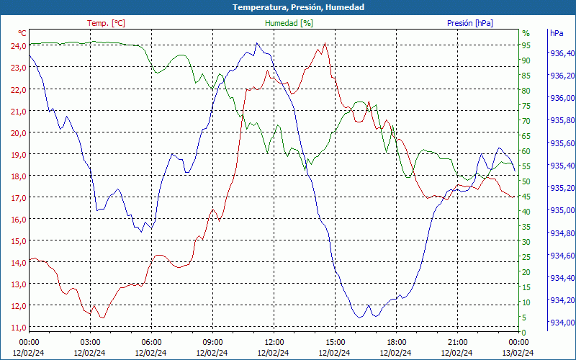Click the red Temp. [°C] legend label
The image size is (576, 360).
point(106,23)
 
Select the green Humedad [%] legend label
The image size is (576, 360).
point(289,23)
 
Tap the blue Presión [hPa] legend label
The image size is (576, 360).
point(469,23)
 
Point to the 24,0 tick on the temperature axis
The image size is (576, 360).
point(17,45)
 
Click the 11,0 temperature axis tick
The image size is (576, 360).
point(17,328)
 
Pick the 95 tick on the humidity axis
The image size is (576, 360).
point(526,45)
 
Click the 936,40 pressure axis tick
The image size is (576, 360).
point(562,53)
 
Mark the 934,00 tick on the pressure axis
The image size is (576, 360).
point(562,322)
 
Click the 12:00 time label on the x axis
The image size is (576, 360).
point(274,341)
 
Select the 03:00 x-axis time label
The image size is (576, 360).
point(90,341)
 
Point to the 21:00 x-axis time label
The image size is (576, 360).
point(458,341)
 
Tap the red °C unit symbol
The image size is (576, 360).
point(22,33)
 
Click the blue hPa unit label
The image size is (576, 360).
point(557,33)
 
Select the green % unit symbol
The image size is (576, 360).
point(526,33)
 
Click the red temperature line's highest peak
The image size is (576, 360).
point(325,43)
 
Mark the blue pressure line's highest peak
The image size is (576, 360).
point(257,43)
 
